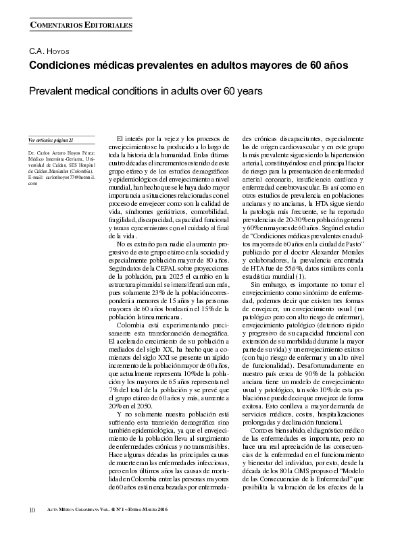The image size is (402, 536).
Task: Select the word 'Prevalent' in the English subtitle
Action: pos(51,90)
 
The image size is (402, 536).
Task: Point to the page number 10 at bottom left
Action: pos(32,508)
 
